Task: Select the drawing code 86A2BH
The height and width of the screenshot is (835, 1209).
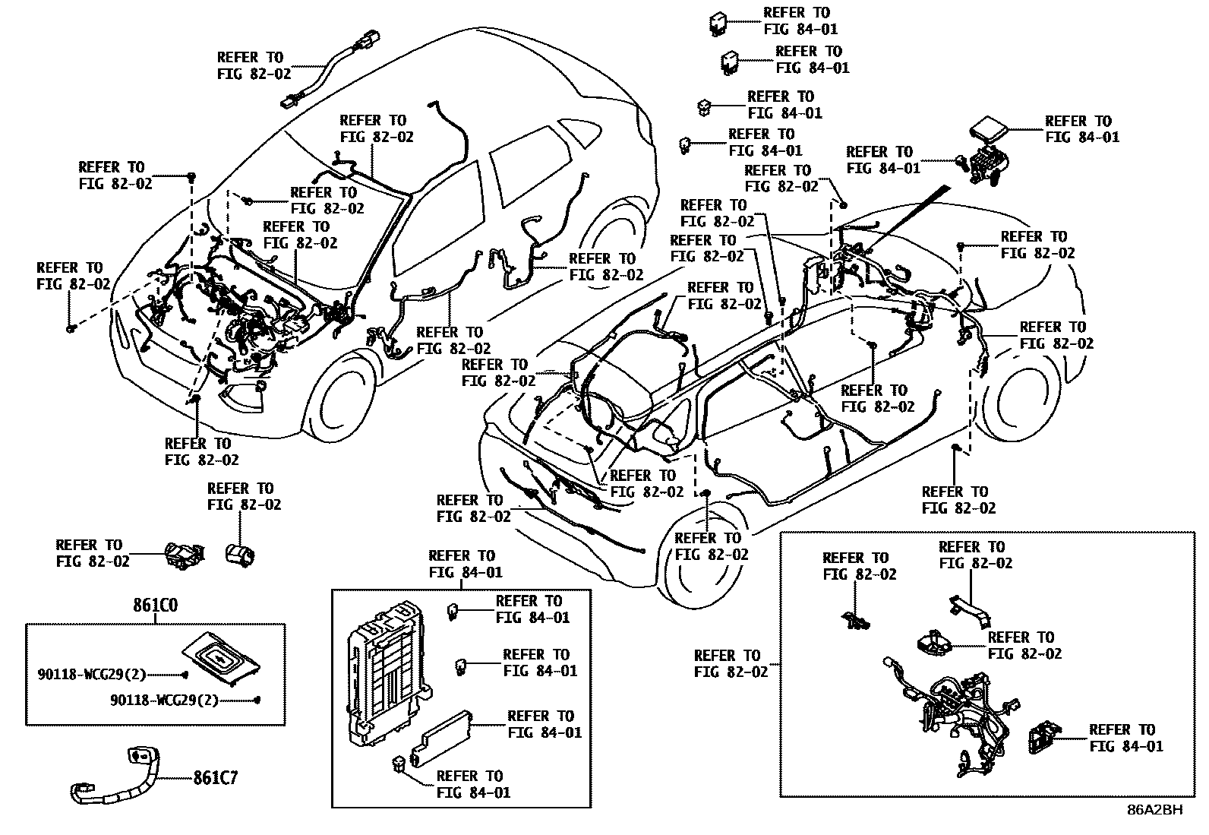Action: click(1154, 810)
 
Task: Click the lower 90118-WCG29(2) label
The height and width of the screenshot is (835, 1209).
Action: click(164, 701)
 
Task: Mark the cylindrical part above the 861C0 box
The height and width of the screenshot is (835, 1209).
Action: click(241, 553)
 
